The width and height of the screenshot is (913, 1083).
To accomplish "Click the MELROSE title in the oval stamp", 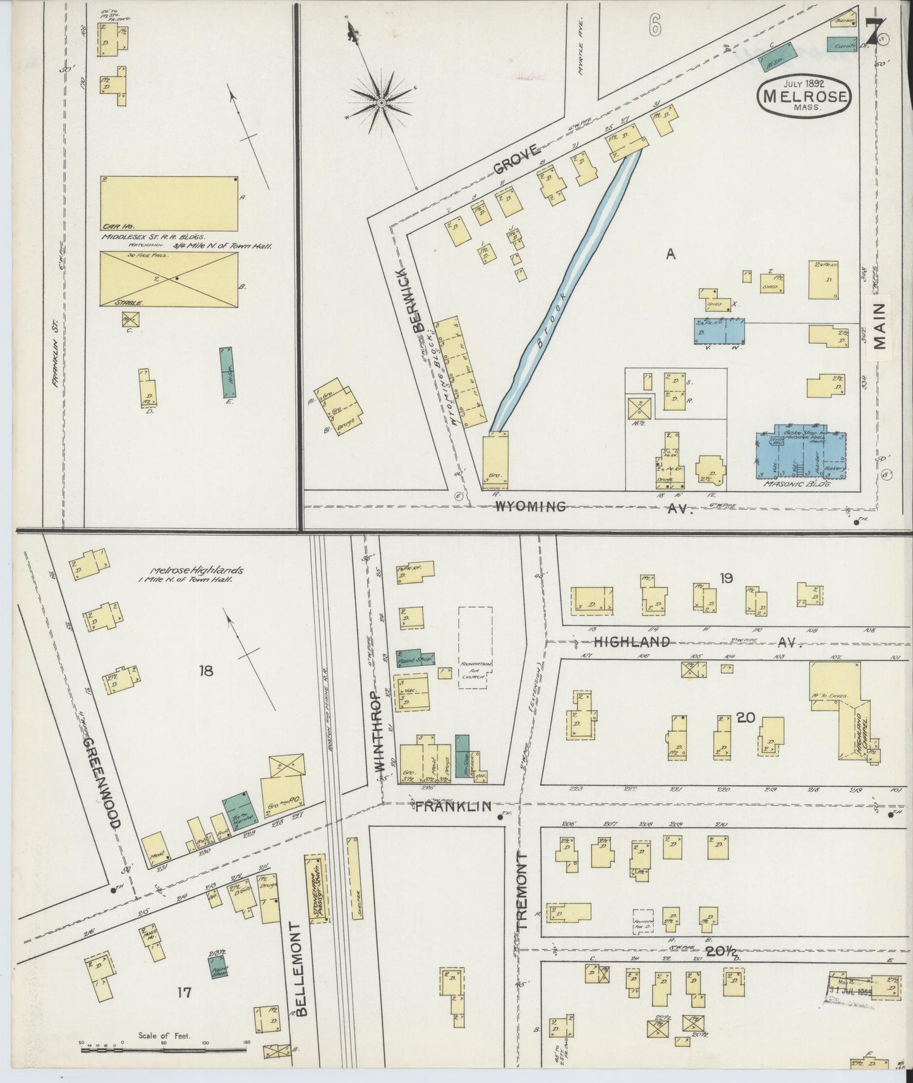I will [x=805, y=97].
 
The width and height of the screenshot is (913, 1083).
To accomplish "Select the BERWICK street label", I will [x=416, y=297].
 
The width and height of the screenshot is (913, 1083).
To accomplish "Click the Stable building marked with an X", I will [x=169, y=279].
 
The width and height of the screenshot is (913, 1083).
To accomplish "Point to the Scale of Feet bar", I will [x=163, y=1048].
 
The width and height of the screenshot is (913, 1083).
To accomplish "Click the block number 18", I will [x=206, y=670].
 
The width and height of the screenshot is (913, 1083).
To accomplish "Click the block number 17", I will [x=184, y=992].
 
